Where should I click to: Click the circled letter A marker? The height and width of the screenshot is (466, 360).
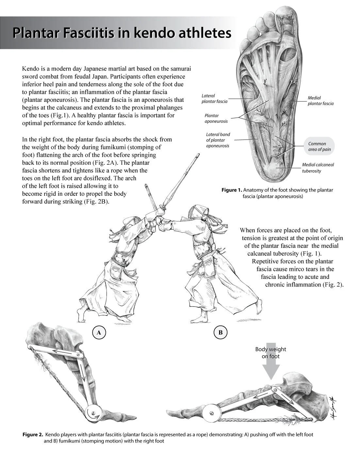pos(99,333)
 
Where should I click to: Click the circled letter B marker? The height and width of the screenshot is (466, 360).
pos(220,333)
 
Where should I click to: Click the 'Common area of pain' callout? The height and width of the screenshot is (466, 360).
pos(319,146)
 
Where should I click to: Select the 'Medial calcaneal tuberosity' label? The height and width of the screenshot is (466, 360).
pos(318,168)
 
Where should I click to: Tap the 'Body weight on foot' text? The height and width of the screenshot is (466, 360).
pos(270,353)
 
